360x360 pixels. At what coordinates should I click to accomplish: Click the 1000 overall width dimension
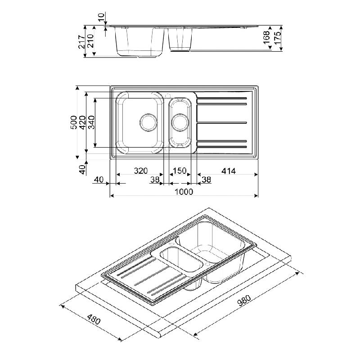[184, 192]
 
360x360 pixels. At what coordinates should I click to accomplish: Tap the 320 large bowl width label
[141, 171]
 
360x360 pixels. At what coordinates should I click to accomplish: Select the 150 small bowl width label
[180, 171]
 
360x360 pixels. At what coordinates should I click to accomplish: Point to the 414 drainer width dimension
[229, 171]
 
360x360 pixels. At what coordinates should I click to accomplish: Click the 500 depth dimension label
[74, 122]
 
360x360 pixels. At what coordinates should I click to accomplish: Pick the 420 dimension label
[82, 122]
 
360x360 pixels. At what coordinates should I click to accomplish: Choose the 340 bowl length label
[91, 122]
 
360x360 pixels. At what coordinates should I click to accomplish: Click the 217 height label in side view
[81, 41]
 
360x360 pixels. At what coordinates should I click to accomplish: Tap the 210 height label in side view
[90, 41]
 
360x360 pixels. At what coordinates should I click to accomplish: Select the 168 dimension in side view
[266, 37]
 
